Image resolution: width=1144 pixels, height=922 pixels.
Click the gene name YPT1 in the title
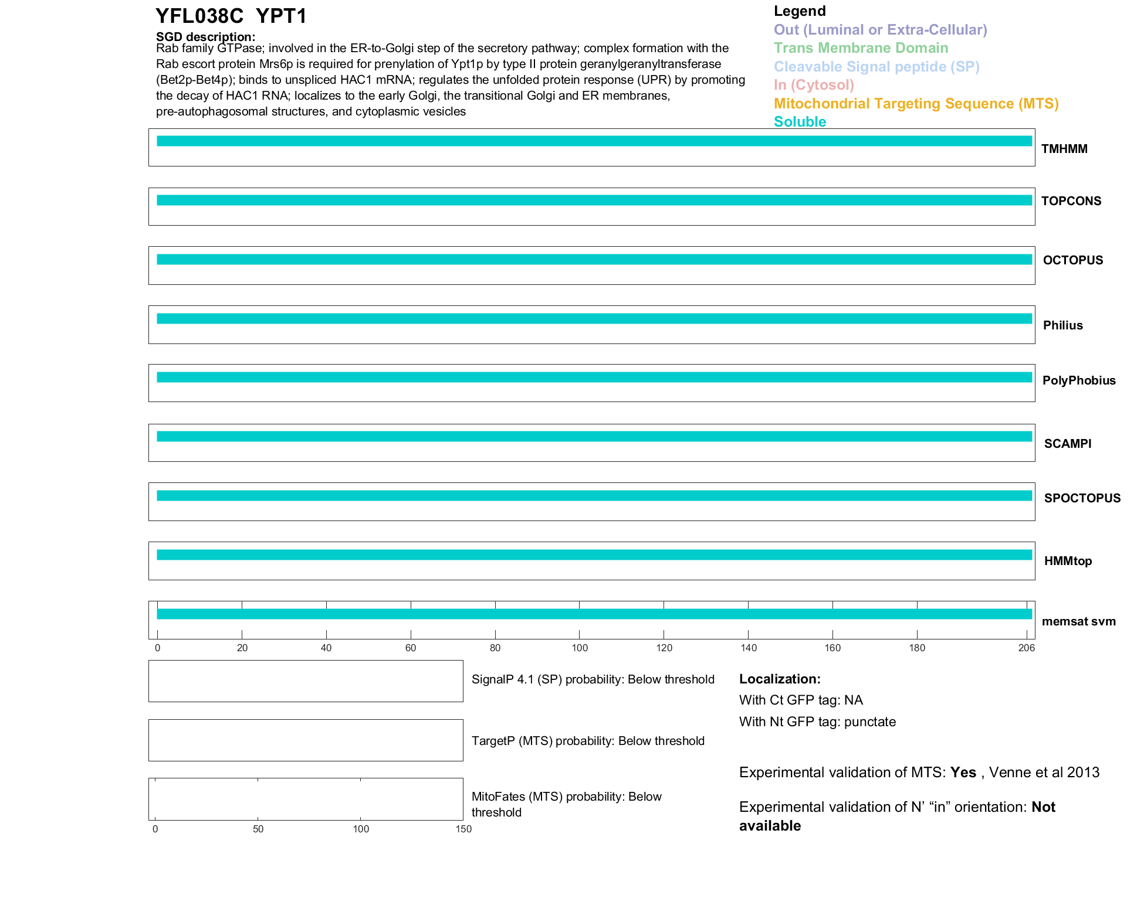[281, 16]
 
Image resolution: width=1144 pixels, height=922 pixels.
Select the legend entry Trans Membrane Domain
[861, 48]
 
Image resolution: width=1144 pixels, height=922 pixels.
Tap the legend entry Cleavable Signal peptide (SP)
[876, 67]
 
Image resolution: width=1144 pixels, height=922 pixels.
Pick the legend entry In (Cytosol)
[814, 85]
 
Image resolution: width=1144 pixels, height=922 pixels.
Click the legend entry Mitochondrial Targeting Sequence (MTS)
[916, 104]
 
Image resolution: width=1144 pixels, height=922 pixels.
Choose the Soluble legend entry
[800, 122]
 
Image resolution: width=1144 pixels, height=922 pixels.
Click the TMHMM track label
[1064, 149]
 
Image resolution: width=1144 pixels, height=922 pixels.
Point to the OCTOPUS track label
[1072, 260]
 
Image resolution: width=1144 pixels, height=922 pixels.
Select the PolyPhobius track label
[1078, 380]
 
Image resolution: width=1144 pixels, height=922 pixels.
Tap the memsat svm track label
[1078, 621]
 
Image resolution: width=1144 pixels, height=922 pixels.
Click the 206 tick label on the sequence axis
[1026, 648]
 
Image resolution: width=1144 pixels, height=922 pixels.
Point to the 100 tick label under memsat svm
[580, 648]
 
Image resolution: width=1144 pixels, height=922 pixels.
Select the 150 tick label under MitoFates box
[463, 829]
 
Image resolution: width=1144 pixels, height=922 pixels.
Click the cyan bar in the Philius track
[594, 319]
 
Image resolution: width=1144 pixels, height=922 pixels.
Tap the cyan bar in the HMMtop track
[594, 555]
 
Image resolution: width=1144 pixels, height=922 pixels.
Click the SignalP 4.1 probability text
[593, 679]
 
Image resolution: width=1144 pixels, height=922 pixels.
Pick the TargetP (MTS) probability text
[588, 741]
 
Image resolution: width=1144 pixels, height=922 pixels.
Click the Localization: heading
[779, 679]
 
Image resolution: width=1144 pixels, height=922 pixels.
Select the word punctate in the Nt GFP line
[869, 722]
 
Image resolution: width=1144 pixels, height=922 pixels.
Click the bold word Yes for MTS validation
[963, 773]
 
